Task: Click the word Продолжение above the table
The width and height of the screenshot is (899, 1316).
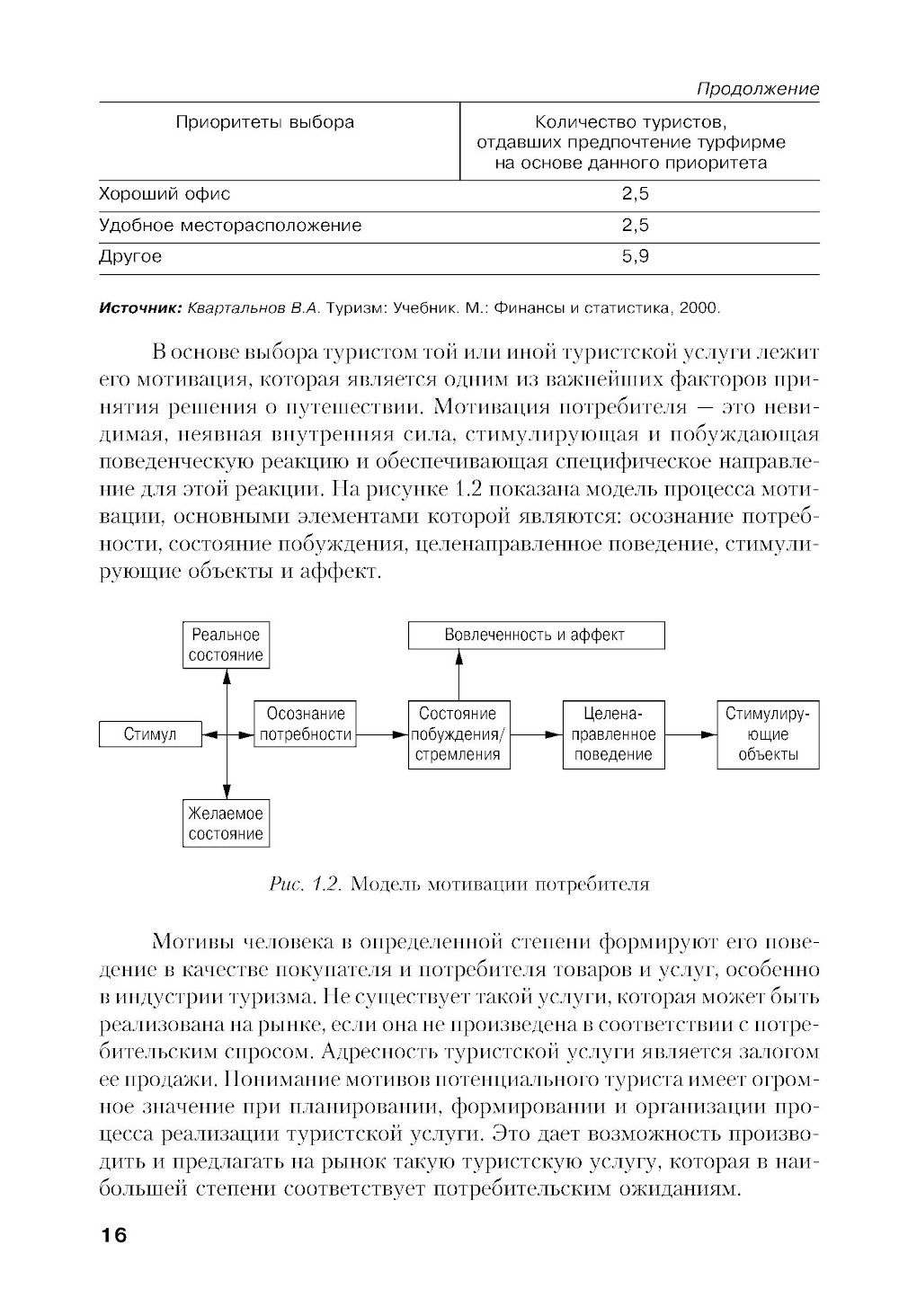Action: coord(758,89)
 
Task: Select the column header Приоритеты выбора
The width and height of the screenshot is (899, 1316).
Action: coord(264,122)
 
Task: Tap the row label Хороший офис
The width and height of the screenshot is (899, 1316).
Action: coord(165,194)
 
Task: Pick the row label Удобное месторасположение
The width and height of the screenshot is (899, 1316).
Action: coord(230,226)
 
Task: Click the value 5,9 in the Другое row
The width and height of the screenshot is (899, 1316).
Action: coord(635,257)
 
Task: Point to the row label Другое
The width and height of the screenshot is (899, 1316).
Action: coord(130,257)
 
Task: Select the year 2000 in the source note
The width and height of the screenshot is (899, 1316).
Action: coord(700,308)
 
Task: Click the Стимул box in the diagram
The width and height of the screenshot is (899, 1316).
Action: coord(150,734)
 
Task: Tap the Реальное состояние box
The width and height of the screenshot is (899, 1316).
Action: coord(226,645)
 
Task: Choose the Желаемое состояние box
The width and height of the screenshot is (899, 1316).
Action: coord(226,823)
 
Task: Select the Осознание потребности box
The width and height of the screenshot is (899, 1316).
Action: coord(305,725)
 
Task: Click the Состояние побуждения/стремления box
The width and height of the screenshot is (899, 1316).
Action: coord(458,734)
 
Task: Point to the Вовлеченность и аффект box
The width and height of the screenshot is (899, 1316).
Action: coord(536,635)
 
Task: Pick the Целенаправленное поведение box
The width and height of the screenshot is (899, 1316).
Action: coord(613,734)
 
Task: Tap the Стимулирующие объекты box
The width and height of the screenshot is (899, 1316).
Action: coord(768,734)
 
